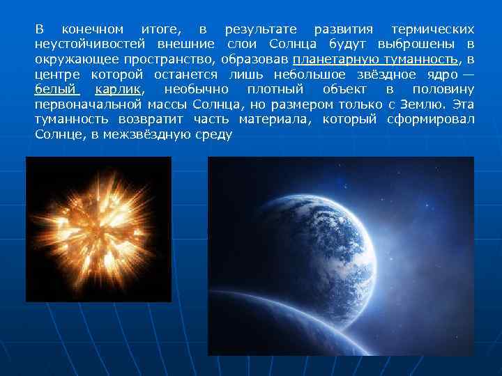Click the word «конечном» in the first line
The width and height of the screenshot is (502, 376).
tap(93, 30)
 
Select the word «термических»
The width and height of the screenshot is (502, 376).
tap(433, 30)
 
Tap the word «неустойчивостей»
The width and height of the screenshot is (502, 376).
tap(86, 45)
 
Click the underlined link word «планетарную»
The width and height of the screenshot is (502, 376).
tap(335, 60)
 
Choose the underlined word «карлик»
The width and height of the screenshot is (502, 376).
tap(119, 90)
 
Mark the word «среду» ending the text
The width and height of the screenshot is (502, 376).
tap(213, 134)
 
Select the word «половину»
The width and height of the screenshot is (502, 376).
tap(443, 90)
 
